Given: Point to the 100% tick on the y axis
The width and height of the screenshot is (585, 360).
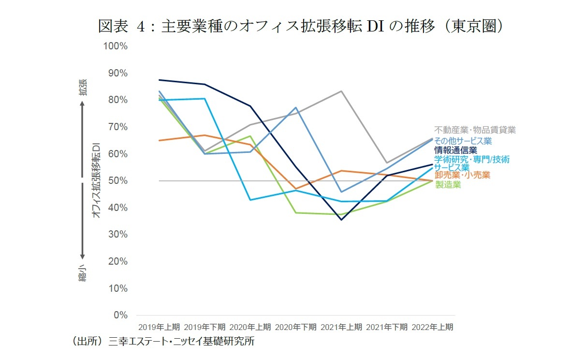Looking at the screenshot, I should (115, 46).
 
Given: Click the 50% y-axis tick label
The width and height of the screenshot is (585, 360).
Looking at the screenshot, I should (117, 180).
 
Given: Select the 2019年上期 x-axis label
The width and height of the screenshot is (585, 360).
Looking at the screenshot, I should (159, 327).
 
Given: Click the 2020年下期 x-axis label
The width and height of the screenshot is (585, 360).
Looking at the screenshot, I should (296, 327).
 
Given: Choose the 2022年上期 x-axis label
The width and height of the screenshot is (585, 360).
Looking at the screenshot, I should (433, 327).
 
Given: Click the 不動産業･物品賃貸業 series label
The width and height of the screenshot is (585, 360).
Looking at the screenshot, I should (475, 130).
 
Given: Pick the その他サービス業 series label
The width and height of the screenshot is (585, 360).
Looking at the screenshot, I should (463, 141).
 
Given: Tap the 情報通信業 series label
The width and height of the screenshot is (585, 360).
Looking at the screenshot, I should (455, 150).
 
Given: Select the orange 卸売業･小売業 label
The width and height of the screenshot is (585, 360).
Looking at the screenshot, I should (462, 175).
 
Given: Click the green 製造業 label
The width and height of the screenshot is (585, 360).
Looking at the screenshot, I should (448, 184).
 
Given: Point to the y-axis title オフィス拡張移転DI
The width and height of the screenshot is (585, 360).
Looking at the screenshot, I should (96, 180).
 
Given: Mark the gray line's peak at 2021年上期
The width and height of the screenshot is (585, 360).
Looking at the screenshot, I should (341, 91).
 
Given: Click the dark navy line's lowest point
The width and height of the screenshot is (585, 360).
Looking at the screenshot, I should (341, 220).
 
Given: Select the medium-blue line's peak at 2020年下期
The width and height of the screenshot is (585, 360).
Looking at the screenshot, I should (296, 107).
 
